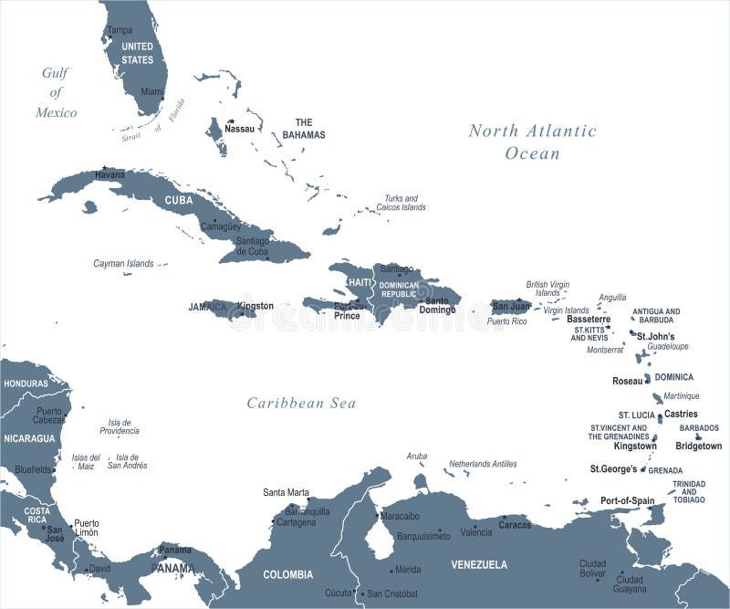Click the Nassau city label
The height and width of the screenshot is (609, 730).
tap(240, 130)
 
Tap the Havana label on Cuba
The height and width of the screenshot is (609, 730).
tap(109, 174)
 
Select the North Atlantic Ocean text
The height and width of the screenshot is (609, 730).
tap(533, 142)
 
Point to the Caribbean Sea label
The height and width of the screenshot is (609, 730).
tap(301, 403)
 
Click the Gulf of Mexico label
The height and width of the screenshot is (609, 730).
tap(57, 92)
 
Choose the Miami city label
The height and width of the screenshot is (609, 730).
tap(152, 92)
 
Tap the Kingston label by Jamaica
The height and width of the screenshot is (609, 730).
tap(255, 306)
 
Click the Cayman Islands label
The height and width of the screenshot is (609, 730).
tap(123, 263)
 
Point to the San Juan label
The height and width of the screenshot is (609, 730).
tap(512, 306)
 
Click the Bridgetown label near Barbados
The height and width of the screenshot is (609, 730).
tap(698, 446)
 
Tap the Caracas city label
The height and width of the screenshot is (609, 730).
tap(515, 525)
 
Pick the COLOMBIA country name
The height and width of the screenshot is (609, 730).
tap(288, 574)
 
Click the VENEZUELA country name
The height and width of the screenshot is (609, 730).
tap(479, 564)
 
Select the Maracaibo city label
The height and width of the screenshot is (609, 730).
tap(400, 516)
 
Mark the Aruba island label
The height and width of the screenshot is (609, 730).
tap(416, 456)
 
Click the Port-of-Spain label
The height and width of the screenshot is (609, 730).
tap(627, 500)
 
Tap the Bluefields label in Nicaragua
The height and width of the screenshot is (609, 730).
tap(33, 468)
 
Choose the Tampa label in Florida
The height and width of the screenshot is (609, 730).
tap(120, 30)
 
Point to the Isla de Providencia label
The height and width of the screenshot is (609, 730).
tap(120, 426)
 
